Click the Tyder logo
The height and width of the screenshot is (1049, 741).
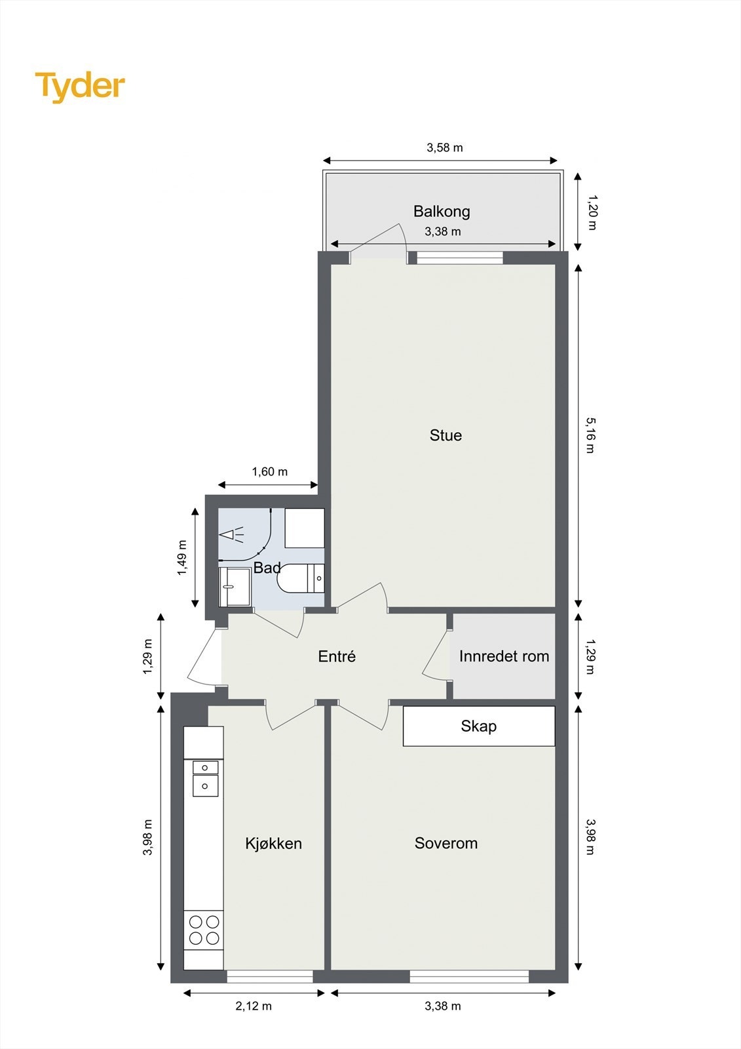click(79, 87)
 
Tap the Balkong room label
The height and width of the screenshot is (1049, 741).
click(442, 211)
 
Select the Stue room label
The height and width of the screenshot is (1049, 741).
click(446, 435)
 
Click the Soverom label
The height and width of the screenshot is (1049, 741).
click(446, 843)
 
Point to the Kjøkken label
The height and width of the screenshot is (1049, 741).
click(273, 844)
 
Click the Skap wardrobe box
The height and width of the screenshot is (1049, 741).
click(478, 726)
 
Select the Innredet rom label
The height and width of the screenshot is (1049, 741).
click(504, 656)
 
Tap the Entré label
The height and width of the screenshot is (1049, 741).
click(337, 656)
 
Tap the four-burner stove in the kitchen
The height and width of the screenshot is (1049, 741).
click(204, 930)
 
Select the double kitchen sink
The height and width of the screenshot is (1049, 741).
click(205, 777)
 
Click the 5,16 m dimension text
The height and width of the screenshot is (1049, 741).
click(590, 435)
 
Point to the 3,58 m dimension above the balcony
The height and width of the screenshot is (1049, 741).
click(445, 148)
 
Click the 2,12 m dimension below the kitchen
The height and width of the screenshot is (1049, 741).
click(254, 1006)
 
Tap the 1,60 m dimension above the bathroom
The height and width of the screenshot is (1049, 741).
click(270, 471)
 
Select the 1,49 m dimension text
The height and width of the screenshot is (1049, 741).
click(182, 558)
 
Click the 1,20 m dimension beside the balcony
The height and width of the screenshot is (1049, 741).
click(591, 212)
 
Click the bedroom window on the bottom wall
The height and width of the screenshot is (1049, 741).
click(469, 976)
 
